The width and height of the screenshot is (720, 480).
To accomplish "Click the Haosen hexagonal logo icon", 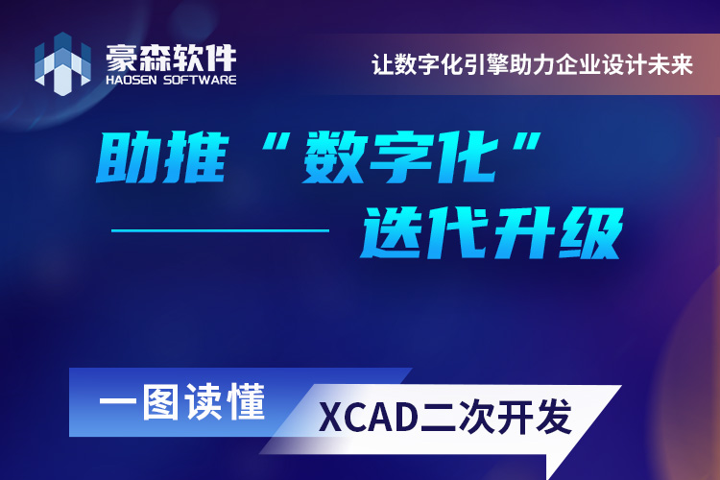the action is [x=62, y=64].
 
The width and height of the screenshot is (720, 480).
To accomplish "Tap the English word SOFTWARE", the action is [x=200, y=80].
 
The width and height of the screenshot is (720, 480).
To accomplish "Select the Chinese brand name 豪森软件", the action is [x=171, y=58].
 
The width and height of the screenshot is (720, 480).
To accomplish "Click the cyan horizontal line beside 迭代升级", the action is [x=221, y=230].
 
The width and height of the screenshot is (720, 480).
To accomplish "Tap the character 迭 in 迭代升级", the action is [x=393, y=232].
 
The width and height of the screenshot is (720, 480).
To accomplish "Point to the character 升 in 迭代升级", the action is [x=524, y=232].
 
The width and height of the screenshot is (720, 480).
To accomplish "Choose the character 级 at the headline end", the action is [x=590, y=232].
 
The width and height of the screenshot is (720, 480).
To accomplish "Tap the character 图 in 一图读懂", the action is [x=159, y=402].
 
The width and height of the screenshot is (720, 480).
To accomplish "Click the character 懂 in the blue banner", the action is [x=247, y=402].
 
